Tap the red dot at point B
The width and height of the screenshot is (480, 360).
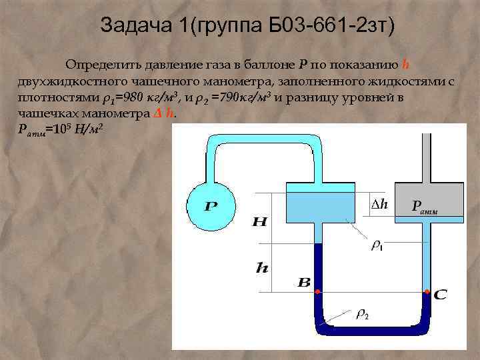pos(317,293)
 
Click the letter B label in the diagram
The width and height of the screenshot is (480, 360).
pos(303,283)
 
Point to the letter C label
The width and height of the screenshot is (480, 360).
pos(440,294)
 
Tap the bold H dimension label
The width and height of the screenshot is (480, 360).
pos(260,222)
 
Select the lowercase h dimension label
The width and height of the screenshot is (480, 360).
pos(262,268)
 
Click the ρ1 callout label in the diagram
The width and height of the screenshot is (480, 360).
pos(377,246)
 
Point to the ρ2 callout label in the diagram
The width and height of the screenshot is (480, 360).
pos(362,313)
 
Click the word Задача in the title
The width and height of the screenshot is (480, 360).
pos(132,25)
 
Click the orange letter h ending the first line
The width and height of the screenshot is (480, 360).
pos(406,65)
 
